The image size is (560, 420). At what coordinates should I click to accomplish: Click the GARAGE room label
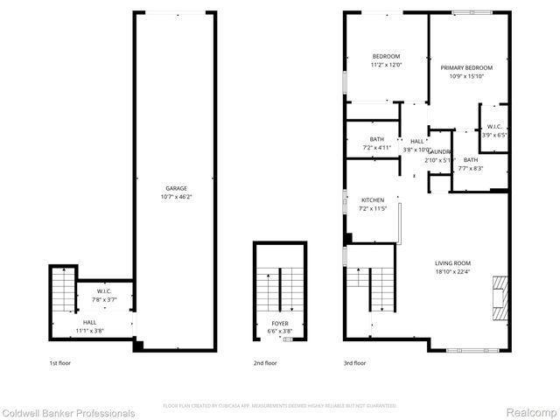pyautogui.click(x=176, y=188)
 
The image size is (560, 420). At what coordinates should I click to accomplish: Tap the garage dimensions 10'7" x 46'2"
pyautogui.click(x=176, y=197)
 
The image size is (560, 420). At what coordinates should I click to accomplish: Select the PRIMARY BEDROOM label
pyautogui.click(x=466, y=68)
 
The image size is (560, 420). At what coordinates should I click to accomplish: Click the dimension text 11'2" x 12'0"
pyautogui.click(x=386, y=65)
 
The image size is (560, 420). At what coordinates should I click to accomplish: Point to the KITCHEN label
pyautogui.click(x=373, y=200)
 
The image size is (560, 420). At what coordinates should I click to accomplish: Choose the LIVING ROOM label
pyautogui.click(x=453, y=262)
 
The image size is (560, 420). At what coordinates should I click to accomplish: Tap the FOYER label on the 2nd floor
pyautogui.click(x=279, y=325)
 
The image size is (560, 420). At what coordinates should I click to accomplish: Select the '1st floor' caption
pyautogui.click(x=60, y=362)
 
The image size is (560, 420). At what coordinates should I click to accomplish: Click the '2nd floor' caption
pyautogui.click(x=266, y=362)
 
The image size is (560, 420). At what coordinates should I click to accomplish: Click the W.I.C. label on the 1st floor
pyautogui.click(x=104, y=292)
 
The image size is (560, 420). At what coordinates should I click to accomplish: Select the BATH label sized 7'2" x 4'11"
pyautogui.click(x=376, y=139)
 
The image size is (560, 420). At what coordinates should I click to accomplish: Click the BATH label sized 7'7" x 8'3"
pyautogui.click(x=471, y=159)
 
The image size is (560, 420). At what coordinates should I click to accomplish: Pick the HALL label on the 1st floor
pyautogui.click(x=90, y=322)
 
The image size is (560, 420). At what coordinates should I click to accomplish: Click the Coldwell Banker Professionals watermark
pyautogui.click(x=68, y=413)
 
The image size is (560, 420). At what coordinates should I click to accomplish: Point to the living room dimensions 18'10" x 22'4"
pyautogui.click(x=453, y=271)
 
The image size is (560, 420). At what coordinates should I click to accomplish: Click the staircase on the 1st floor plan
pyautogui.click(x=63, y=290)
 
